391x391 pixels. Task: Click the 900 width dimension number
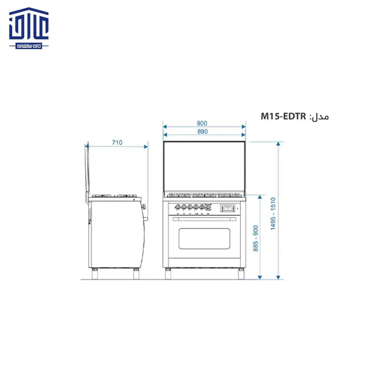tap(202, 123)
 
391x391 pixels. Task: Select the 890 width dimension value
tap(202, 132)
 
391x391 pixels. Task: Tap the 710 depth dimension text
tap(117, 143)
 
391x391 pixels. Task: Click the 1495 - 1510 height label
tap(273, 213)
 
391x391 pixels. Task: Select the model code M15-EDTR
tap(283, 116)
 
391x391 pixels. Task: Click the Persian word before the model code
tap(320, 117)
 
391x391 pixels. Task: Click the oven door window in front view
tap(204, 238)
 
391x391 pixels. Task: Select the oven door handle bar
tap(204, 219)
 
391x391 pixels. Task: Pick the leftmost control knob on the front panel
tap(177, 207)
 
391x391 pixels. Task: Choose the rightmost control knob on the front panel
tap(208, 207)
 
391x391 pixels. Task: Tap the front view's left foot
tap(168, 273)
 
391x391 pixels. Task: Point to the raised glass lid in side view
tap(87, 170)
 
